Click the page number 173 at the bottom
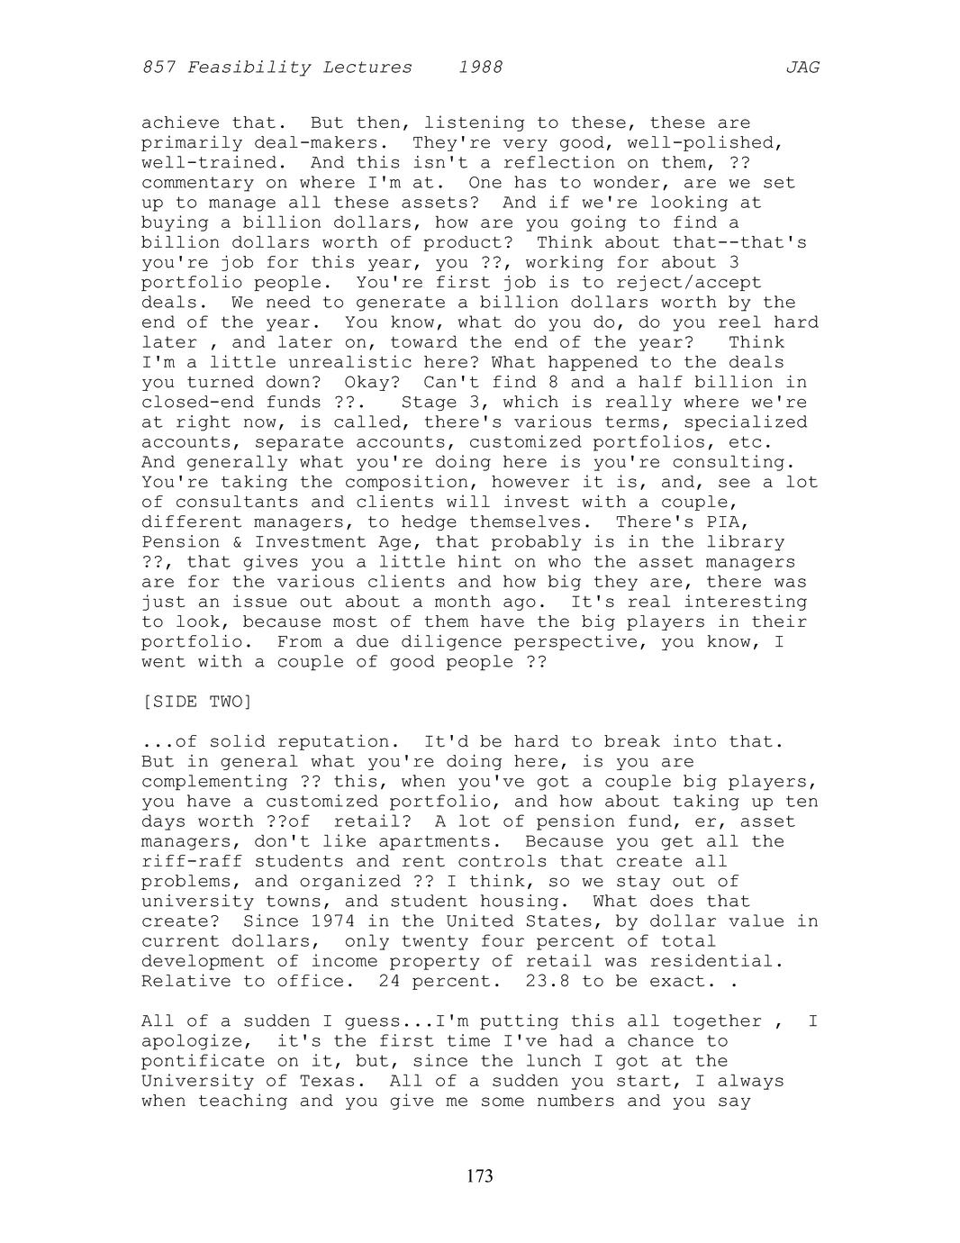[480, 1175]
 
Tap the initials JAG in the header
[802, 68]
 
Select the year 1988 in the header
[480, 68]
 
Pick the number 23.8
[548, 981]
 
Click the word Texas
[327, 1081]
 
